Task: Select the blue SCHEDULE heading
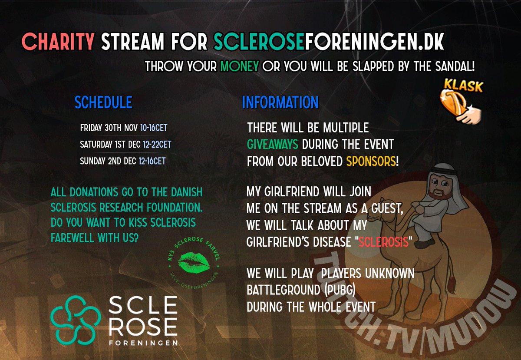tap(103, 102)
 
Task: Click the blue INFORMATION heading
tap(280, 102)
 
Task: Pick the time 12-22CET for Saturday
tap(158, 144)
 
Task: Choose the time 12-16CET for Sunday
tap(152, 161)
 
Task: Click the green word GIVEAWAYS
tap(273, 145)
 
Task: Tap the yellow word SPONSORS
tap(371, 161)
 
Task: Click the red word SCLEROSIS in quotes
tap(383, 242)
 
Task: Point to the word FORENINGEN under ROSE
tap(143, 343)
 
